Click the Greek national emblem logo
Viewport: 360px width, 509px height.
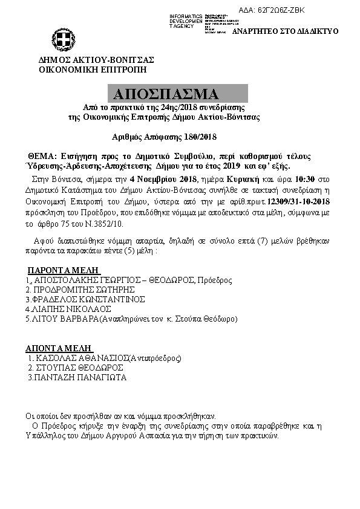point(62,41)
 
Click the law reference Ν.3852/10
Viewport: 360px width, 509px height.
point(82,222)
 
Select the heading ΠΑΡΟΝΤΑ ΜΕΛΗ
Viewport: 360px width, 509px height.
point(62,270)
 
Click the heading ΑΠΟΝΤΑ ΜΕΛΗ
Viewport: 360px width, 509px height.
point(59,348)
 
